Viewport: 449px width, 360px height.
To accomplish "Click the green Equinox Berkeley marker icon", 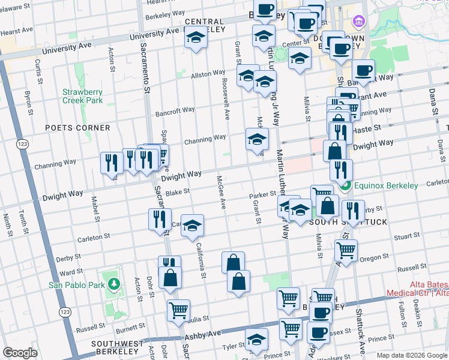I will tap(345, 186).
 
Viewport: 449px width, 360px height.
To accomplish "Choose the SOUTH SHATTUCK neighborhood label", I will tap(349, 222).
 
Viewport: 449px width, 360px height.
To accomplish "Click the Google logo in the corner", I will tap(20, 353).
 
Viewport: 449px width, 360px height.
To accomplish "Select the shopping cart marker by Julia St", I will tap(178, 310).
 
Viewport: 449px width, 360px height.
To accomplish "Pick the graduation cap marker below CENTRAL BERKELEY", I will tap(196, 38).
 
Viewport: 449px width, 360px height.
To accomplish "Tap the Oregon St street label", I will tap(375, 259).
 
